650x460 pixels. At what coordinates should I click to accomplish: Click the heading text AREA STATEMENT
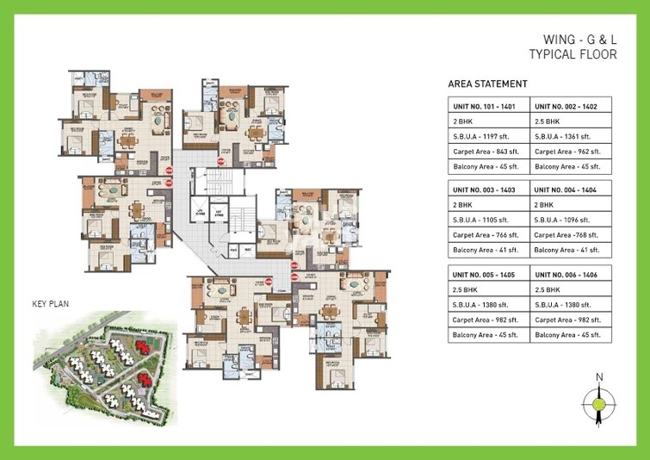tap(487, 84)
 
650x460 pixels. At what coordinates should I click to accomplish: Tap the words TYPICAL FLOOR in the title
tap(569, 54)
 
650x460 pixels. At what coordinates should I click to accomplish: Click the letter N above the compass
tap(599, 376)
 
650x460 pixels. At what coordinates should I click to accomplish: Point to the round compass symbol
tap(599, 401)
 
